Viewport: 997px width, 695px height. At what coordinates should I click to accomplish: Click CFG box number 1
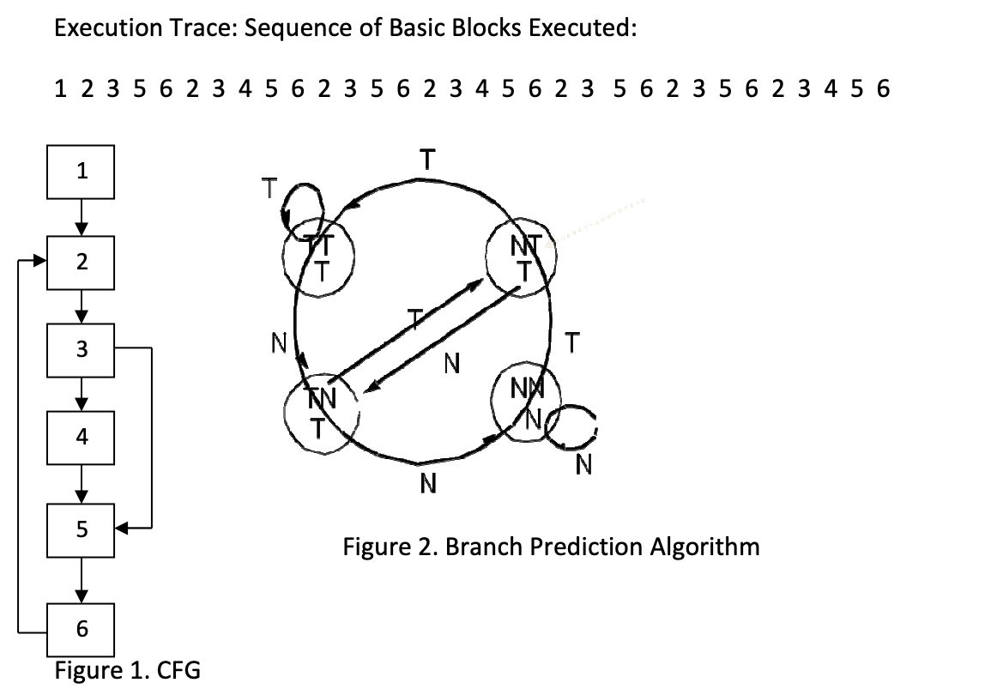click(x=81, y=171)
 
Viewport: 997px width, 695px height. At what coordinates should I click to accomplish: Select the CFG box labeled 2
click(x=81, y=262)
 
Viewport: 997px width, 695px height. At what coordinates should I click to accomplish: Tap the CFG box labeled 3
click(x=81, y=350)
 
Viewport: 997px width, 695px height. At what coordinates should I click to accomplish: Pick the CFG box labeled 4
click(x=81, y=437)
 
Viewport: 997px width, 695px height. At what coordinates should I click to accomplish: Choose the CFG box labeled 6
click(x=81, y=628)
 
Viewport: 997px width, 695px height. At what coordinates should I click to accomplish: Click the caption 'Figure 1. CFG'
click(x=127, y=669)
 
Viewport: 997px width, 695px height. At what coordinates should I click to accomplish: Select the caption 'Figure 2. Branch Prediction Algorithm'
click(x=551, y=547)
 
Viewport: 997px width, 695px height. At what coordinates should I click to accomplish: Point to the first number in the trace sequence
click(x=59, y=88)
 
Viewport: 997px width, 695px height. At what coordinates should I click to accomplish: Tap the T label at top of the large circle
click(x=426, y=159)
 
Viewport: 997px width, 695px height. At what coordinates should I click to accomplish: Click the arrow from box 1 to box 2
click(x=81, y=216)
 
